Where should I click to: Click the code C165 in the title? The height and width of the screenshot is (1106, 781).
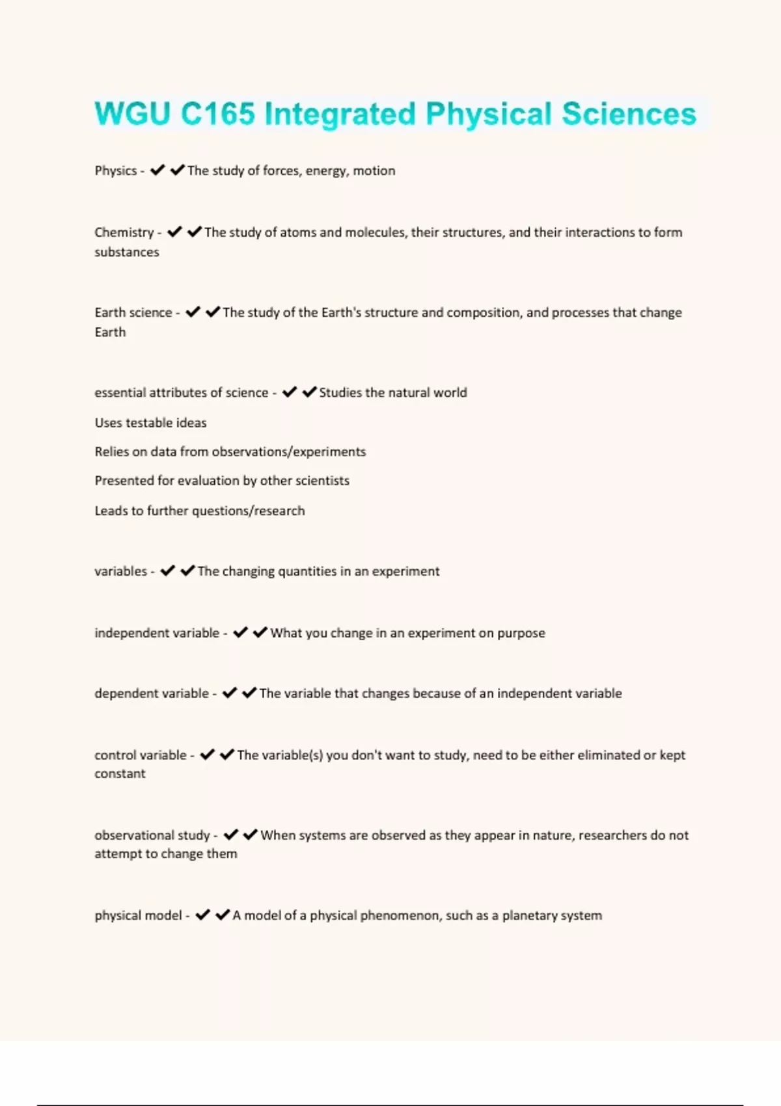(218, 114)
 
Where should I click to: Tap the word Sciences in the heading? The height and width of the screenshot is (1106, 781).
(629, 114)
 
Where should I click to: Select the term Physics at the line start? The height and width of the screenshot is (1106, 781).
(115, 170)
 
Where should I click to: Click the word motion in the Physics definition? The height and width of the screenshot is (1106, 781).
(374, 170)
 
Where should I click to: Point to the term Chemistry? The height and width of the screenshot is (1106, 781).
(124, 232)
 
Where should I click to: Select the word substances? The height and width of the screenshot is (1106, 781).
(126, 252)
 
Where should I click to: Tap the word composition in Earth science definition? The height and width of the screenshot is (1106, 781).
(484, 312)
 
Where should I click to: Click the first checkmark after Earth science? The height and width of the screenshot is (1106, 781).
(193, 312)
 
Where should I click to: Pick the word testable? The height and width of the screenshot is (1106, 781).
(149, 423)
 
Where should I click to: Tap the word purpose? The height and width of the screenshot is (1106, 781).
(521, 633)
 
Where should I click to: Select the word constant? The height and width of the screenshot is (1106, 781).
(120, 774)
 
